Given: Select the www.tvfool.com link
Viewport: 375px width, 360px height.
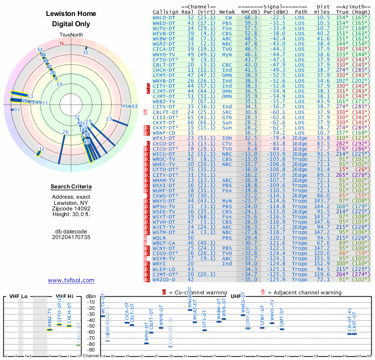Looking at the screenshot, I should point(71,280).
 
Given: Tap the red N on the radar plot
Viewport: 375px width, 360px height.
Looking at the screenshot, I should point(61,43).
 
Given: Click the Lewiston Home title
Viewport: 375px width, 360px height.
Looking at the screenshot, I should point(71,14).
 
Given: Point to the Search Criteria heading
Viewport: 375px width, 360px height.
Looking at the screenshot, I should point(71,187).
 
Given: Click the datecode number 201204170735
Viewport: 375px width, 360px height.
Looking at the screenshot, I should point(71,237).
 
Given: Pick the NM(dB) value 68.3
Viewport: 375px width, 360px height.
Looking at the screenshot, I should point(250,17).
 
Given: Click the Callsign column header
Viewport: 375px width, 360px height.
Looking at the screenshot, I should point(166,11).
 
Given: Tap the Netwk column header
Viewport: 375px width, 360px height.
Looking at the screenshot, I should point(227,11).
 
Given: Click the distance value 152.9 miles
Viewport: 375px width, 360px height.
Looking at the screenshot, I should point(323,263).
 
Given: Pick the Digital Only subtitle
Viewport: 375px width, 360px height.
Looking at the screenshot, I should point(71,24).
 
